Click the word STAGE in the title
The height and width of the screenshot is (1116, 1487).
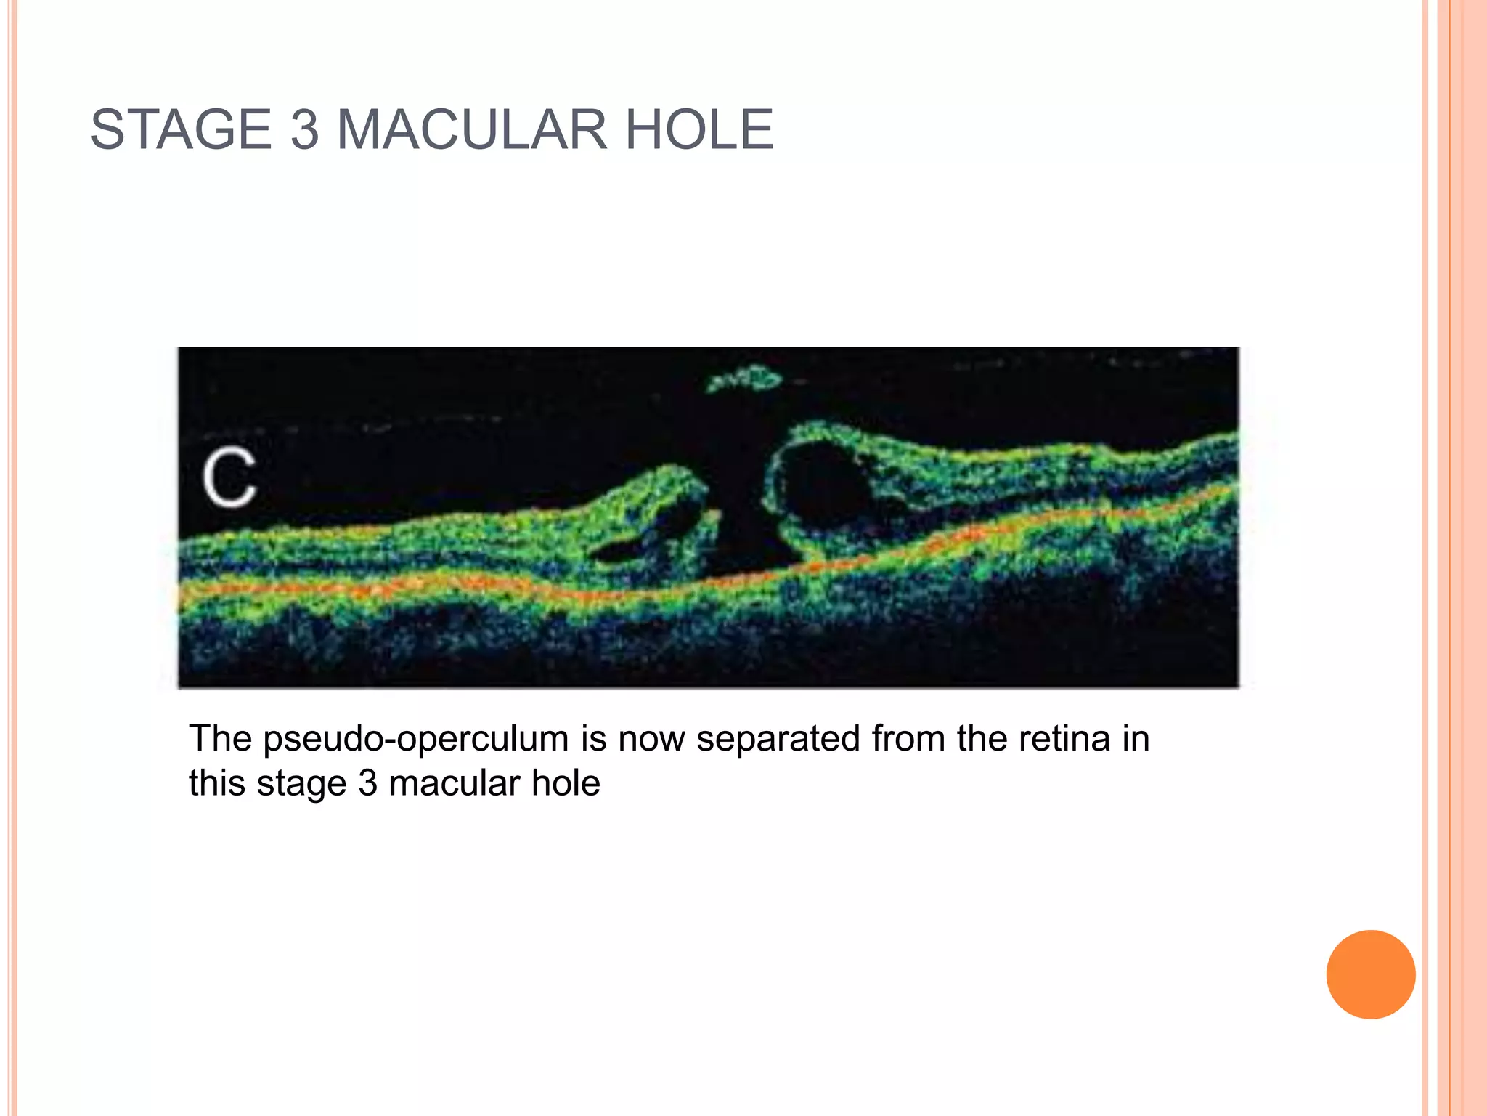coord(181,130)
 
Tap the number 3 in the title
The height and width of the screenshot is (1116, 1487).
coord(305,130)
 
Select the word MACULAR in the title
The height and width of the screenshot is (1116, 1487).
coord(471,130)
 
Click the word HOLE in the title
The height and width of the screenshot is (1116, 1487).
coord(699,130)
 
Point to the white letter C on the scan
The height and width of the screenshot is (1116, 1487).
coord(229,477)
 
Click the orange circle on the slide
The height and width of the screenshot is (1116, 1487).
coord(1370,974)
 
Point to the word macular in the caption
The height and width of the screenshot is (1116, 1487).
coord(455,784)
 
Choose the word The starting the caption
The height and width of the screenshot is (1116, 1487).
coord(220,740)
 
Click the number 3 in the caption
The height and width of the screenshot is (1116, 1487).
coord(368,784)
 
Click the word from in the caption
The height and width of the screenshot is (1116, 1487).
coord(908,740)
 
